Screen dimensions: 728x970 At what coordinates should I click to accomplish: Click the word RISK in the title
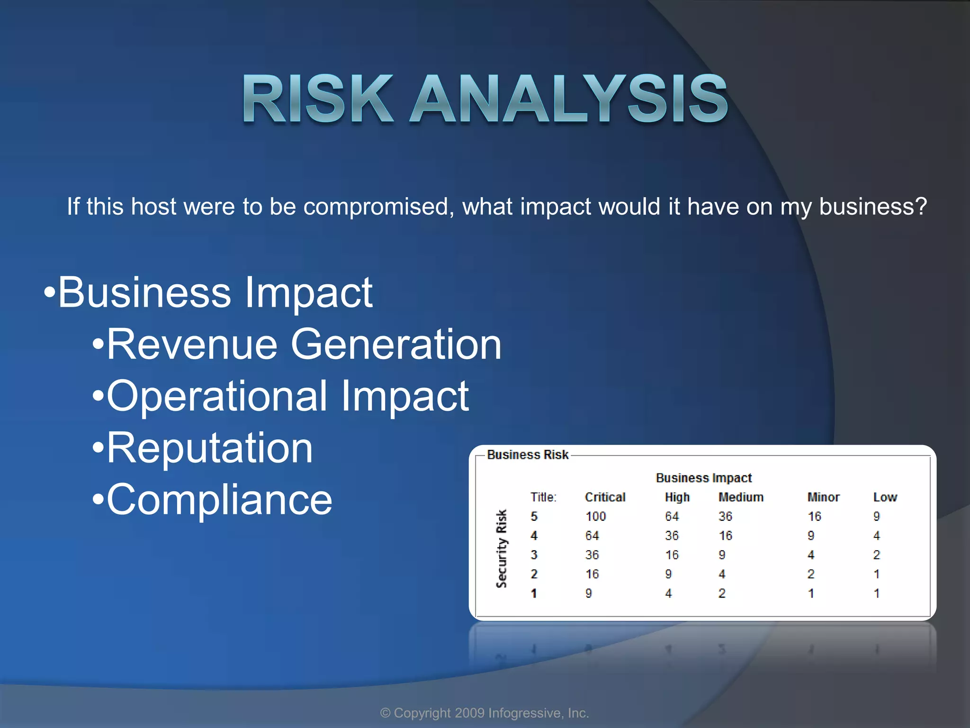(317, 100)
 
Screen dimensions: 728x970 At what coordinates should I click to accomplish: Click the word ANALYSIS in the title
(568, 100)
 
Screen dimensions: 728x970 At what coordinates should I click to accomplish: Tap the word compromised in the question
(376, 207)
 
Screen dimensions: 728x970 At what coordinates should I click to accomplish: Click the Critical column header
(605, 497)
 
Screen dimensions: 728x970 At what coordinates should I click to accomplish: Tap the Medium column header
(741, 497)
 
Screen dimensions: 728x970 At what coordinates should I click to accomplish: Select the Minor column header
(823, 497)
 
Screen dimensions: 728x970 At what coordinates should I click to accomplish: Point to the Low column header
(885, 497)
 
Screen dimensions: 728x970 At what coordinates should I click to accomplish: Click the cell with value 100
(595, 517)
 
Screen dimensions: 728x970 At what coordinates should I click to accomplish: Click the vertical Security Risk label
(501, 549)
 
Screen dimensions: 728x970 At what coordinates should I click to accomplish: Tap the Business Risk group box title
(527, 455)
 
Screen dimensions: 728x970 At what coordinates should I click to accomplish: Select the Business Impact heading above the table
(703, 478)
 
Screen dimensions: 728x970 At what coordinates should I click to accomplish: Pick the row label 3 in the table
(534, 555)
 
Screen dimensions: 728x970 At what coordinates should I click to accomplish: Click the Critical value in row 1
(589, 593)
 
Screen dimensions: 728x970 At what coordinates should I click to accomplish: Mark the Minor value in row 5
(814, 517)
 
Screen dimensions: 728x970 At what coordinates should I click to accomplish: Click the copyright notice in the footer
(485, 713)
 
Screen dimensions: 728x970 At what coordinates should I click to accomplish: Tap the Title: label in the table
(543, 497)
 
